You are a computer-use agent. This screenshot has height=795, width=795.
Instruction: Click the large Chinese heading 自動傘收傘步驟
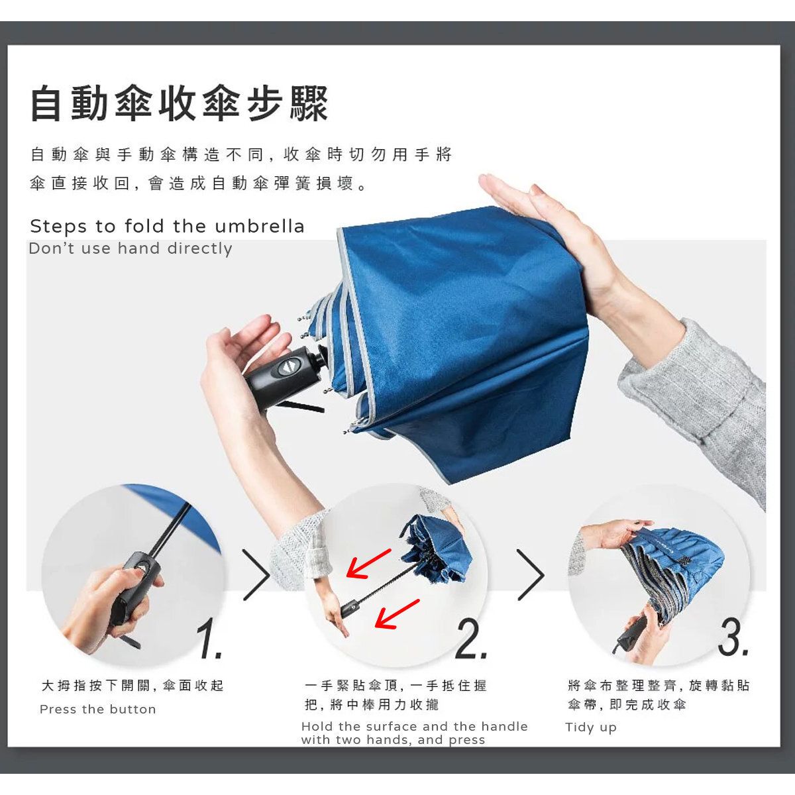pos(180,103)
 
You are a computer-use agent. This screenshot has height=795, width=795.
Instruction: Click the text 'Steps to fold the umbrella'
pos(167,226)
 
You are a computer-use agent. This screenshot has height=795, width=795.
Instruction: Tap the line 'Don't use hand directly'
pos(131,248)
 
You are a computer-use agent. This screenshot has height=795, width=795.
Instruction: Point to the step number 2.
pos(472,639)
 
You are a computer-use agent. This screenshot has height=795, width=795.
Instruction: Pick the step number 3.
pos(733,637)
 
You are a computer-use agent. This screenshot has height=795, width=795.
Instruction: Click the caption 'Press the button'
pos(98,709)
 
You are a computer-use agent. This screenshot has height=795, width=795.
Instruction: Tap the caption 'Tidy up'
pos(591,727)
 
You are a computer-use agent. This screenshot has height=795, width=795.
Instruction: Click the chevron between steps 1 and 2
pos(256,574)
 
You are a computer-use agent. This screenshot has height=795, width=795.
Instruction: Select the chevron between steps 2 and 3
pos(531,574)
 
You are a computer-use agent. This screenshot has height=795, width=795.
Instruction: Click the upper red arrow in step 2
pos(368,563)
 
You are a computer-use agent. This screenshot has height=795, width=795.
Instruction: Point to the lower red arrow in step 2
pos(397,613)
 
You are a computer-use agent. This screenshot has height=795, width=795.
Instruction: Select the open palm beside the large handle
pos(243,359)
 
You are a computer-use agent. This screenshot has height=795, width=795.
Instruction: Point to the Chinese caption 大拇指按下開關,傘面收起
pos(132,685)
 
